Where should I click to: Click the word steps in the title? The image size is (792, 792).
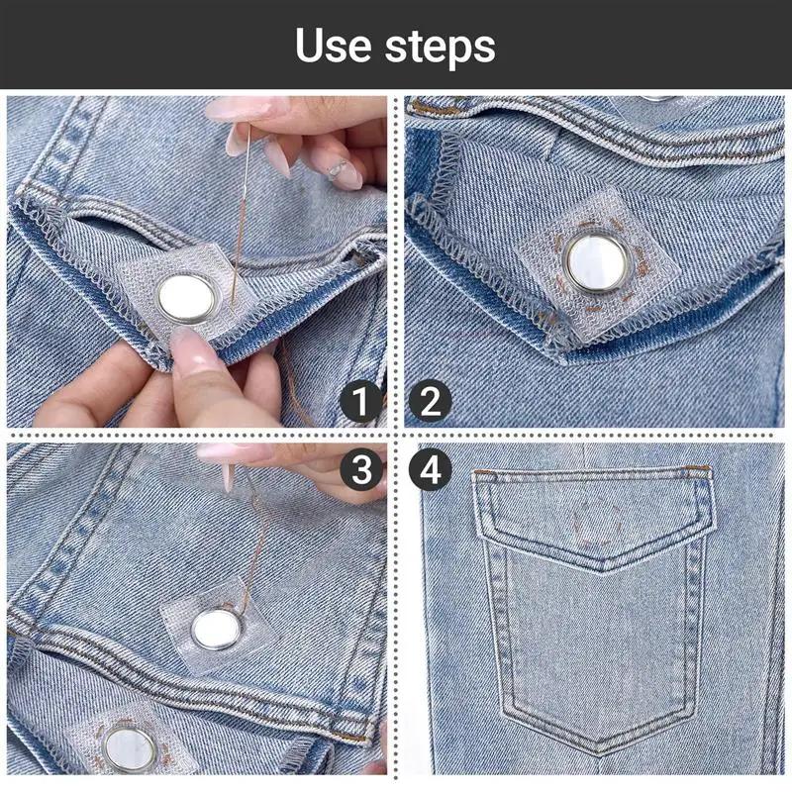pos(440,48)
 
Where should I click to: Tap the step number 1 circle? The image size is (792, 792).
pos(360,402)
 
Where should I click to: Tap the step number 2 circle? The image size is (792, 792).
pos(430,402)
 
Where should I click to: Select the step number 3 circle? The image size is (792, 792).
pos(360,469)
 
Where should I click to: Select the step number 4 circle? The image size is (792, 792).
pos(430,469)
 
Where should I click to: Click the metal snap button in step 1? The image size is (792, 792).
pos(185,298)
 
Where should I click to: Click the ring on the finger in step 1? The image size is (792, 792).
pos(338,168)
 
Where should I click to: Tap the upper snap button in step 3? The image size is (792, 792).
pos(216,630)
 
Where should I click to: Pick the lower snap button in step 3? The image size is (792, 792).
pos(130,750)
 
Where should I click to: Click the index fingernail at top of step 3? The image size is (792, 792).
pos(228,451)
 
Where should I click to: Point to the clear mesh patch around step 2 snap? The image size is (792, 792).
pos(598,262)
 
